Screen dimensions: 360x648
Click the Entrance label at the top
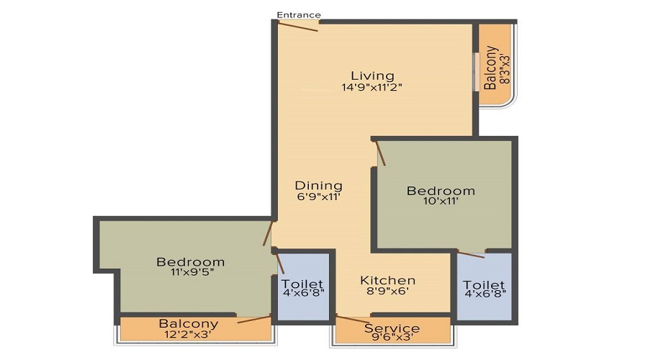pos(299,15)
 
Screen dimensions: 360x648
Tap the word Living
pos(372,76)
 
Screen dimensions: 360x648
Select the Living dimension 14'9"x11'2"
pos(372,88)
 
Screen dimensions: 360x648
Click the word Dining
pos(318,186)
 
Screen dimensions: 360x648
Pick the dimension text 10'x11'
pos(441,202)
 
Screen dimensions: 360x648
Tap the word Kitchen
pos(388,280)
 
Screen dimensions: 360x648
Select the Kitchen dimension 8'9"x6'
pos(388,292)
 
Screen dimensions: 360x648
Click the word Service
pos(392,328)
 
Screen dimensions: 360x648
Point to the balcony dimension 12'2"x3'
pos(189,334)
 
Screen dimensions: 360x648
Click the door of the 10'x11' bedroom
pos(381,153)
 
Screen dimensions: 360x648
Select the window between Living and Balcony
pos(475,71)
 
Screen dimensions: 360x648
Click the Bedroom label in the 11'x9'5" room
pos(190,261)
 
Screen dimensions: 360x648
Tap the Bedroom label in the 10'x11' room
pos(441,191)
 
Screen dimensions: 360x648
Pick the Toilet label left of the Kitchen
pos(302,284)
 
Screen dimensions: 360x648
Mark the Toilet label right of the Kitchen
pos(484,285)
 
